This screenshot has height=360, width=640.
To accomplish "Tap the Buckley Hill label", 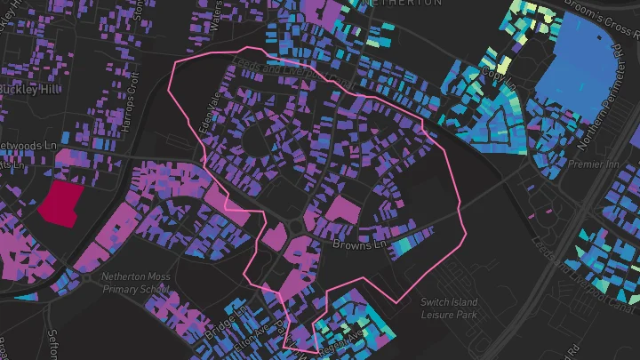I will click(25, 91).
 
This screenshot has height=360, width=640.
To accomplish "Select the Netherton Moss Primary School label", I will click(135, 283).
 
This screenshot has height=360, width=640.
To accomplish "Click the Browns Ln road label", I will click(361, 244).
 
